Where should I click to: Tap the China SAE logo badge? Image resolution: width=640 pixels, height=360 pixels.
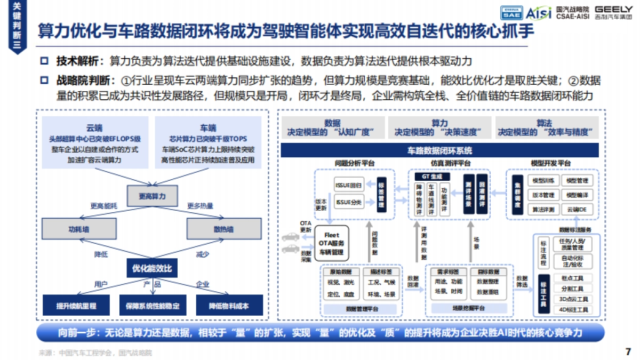pyautogui.click(x=510, y=12)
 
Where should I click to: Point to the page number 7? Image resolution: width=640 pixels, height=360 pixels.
pyautogui.click(x=627, y=352)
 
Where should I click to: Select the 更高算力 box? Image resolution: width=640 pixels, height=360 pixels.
pyautogui.click(x=152, y=196)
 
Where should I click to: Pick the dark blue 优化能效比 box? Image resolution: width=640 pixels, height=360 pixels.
pyautogui.click(x=152, y=267)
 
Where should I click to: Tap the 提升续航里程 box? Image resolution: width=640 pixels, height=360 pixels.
pyautogui.click(x=76, y=306)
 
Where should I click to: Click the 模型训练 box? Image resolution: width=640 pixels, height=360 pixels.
pyautogui.click(x=543, y=181)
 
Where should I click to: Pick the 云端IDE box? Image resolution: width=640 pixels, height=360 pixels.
pyautogui.click(x=576, y=210)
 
